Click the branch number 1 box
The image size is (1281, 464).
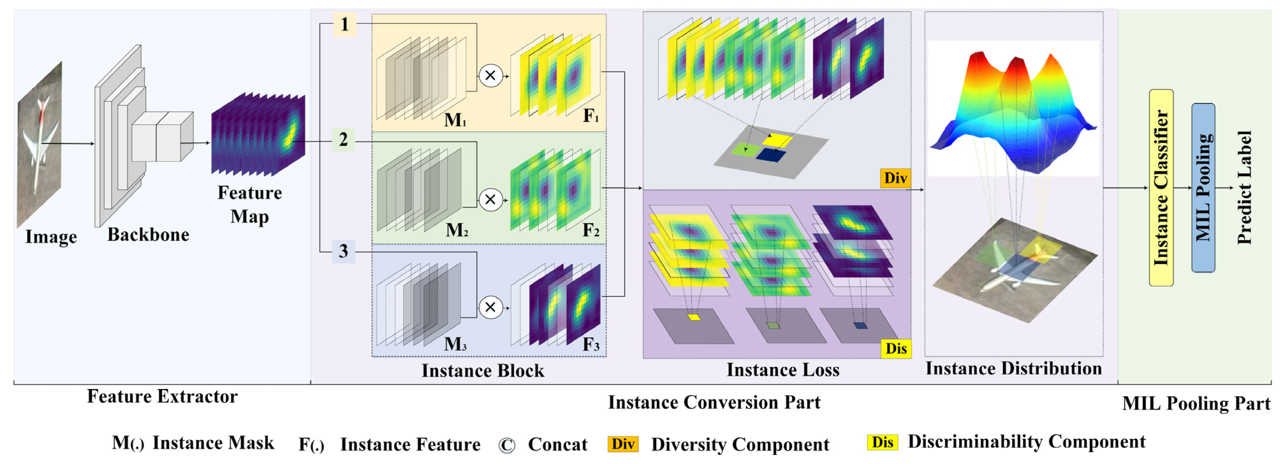[344, 24]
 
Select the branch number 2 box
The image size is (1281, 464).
[343, 140]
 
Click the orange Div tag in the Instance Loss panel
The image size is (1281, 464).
[895, 178]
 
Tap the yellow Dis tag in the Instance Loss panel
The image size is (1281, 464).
[896, 348]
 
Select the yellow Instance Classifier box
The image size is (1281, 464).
[1161, 188]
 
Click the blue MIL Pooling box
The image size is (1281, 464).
[1203, 188]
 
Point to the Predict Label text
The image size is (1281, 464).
[1244, 188]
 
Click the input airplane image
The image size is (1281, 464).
[40, 144]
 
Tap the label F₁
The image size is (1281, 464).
[591, 116]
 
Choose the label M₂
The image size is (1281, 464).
[456, 230]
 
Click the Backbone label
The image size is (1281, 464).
[148, 235]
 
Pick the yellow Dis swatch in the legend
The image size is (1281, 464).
[882, 442]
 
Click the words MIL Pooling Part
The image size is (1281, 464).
[1196, 403]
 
